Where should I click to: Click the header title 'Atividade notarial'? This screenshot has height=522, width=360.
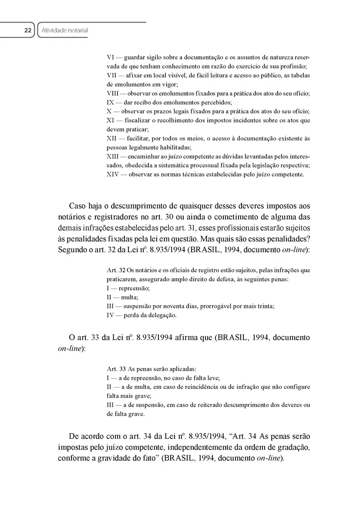click(63, 30)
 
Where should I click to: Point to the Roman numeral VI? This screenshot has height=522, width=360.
click(111, 57)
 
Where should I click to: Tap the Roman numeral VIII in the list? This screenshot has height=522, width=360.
click(114, 94)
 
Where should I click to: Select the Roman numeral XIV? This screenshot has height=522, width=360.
click(113, 174)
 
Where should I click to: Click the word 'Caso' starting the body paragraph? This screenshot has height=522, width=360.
click(77, 205)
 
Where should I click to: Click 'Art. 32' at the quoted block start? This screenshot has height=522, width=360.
click(116, 271)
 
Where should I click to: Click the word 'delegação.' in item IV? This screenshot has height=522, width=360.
click(162, 315)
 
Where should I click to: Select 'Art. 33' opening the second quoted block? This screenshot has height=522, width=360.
click(116, 369)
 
